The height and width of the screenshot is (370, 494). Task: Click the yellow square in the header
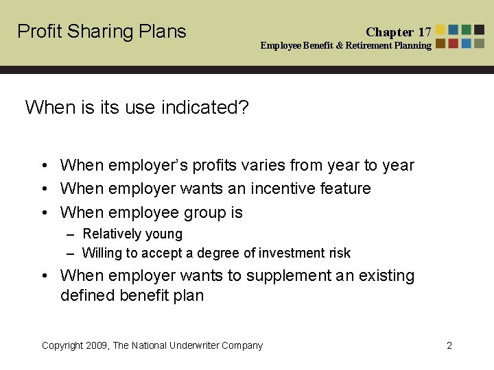pyautogui.click(x=440, y=29)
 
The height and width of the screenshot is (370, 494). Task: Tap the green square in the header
pyautogui.click(x=467, y=29)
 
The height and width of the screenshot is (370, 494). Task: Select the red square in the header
pyautogui.click(x=454, y=43)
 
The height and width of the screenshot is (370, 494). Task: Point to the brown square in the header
pyautogui.click(x=440, y=43)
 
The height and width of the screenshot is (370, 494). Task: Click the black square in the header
pyautogui.click(x=479, y=29)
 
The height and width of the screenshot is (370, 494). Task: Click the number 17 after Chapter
pyautogui.click(x=425, y=32)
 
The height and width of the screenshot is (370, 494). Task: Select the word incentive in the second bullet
pyautogui.click(x=282, y=188)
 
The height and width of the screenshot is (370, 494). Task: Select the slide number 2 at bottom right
pyautogui.click(x=449, y=345)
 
